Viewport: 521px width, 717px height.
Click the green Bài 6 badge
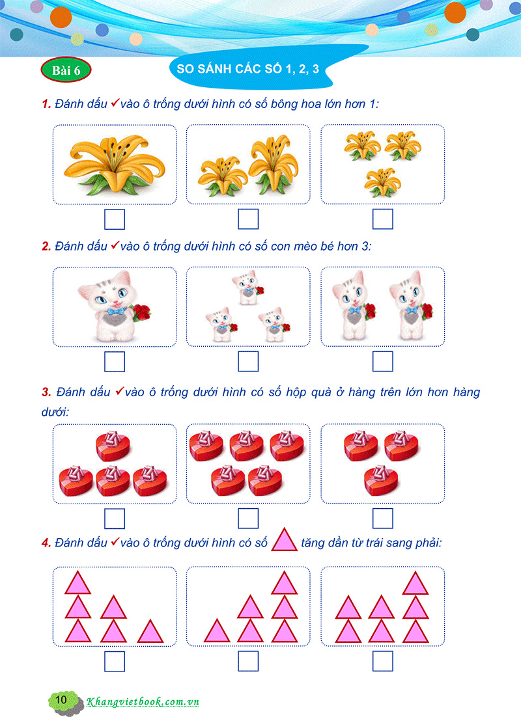(66, 71)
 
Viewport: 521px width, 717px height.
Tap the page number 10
(62, 699)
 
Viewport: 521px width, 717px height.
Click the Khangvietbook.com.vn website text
(143, 701)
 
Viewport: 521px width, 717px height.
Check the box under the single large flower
(114, 219)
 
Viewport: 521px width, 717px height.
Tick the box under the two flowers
(248, 219)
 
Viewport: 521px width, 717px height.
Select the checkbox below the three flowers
(382, 219)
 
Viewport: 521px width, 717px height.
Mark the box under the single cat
(114, 361)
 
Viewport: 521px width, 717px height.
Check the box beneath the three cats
(248, 361)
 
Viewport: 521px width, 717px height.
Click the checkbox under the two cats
(382, 361)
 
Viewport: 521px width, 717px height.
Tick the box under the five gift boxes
(248, 519)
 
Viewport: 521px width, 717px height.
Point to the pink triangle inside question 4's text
(284, 540)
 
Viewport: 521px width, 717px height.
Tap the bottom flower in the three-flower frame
(381, 181)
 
